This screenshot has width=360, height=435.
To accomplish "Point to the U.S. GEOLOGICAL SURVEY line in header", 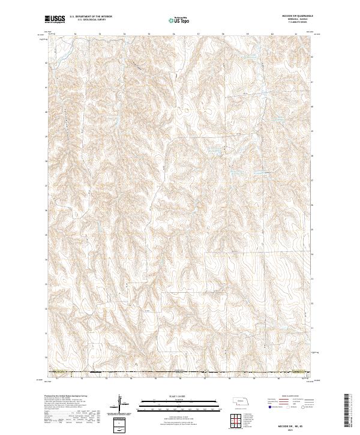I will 90,20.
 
